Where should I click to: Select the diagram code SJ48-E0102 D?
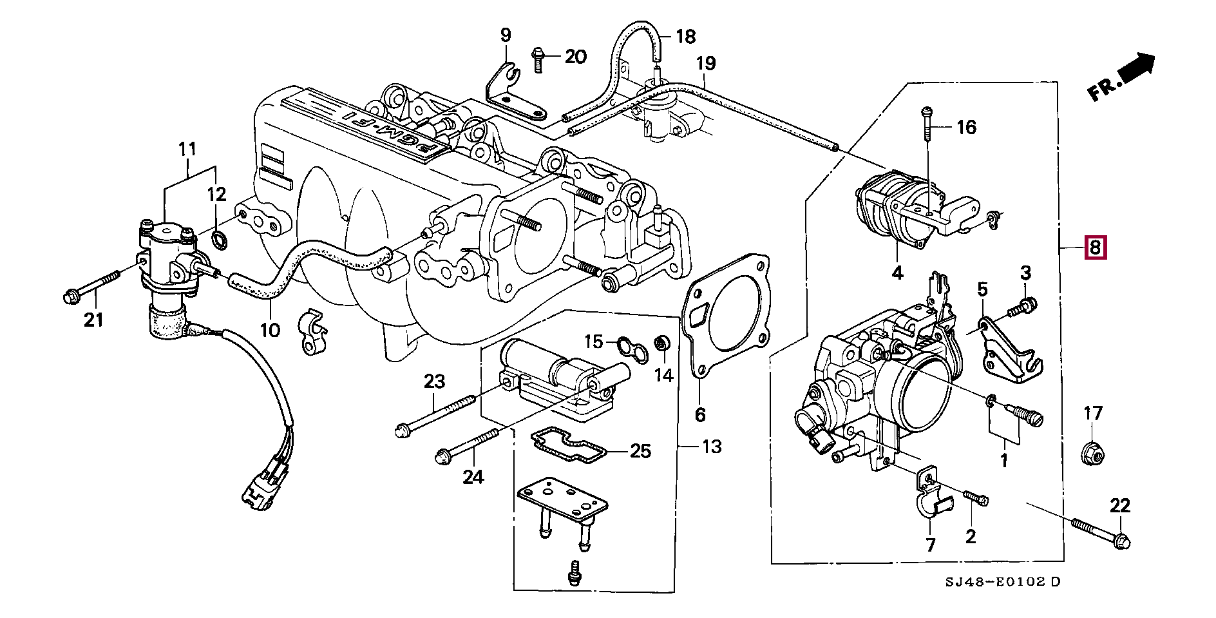pyautogui.click(x=1003, y=582)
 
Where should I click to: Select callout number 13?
pyautogui.click(x=711, y=446)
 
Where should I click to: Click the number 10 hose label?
pyautogui.click(x=270, y=330)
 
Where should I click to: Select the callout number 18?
pyautogui.click(x=686, y=36)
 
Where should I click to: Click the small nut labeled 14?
pyautogui.click(x=661, y=344)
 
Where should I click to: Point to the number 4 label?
pyautogui.click(x=897, y=273)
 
